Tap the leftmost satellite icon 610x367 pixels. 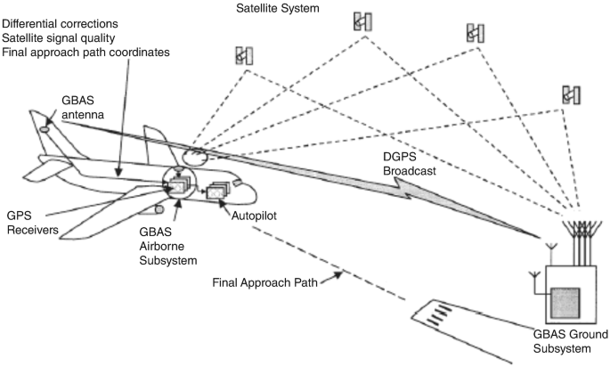[x=243, y=55]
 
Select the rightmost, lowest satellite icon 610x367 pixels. [x=571, y=94]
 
